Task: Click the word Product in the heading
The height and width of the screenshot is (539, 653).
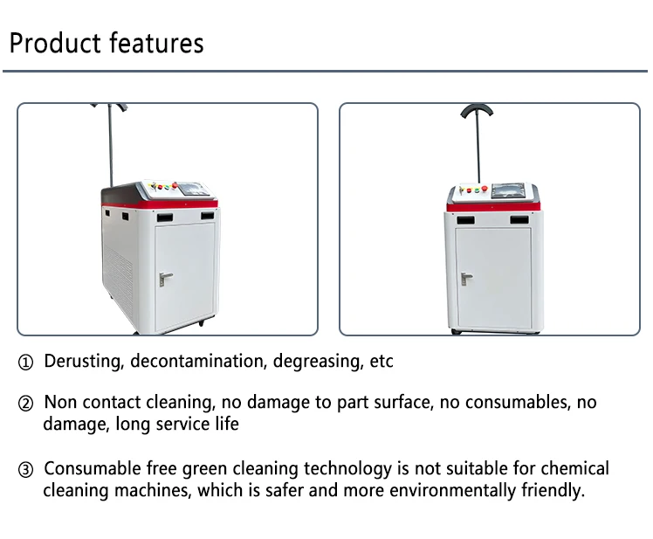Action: [x=55, y=43]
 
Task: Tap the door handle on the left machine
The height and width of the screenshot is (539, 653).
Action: [x=165, y=278]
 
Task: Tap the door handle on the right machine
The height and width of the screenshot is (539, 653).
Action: [x=466, y=279]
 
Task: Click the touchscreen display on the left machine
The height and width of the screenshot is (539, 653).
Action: [x=194, y=189]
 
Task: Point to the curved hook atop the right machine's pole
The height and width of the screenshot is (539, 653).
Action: [x=478, y=112]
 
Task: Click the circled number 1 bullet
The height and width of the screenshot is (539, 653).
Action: [x=26, y=362]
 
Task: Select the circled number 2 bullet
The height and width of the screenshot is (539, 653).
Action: [x=26, y=404]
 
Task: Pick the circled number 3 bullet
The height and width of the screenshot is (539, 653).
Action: [x=26, y=470]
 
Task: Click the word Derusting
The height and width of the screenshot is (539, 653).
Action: [x=83, y=361]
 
